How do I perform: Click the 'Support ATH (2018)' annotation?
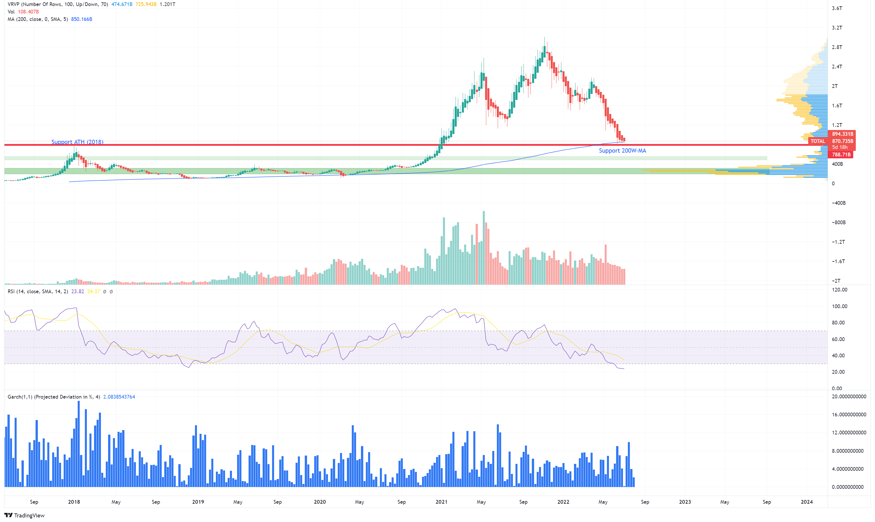coord(77,142)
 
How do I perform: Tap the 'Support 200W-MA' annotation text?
coord(622,151)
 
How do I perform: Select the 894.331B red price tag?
coord(842,134)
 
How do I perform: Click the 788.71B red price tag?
coord(841,154)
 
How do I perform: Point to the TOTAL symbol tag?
coord(817,141)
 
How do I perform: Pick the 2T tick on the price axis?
coord(835,86)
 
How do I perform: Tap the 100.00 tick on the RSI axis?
coord(839,306)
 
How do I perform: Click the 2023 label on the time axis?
coord(685,502)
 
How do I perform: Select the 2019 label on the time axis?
coord(198,502)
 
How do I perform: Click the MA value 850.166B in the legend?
coord(81,19)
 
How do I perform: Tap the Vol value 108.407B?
coord(28,12)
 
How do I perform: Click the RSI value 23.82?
coord(77,291)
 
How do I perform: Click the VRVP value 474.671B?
coord(122,4)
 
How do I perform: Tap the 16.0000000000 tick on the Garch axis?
coord(849,414)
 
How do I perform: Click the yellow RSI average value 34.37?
coord(93,291)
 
